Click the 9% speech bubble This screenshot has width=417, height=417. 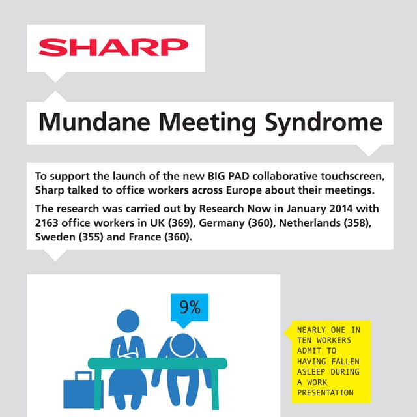[190, 307]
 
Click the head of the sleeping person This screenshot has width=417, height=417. [182, 343]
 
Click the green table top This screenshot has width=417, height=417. [157, 363]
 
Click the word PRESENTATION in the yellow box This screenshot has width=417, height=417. [325, 392]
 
